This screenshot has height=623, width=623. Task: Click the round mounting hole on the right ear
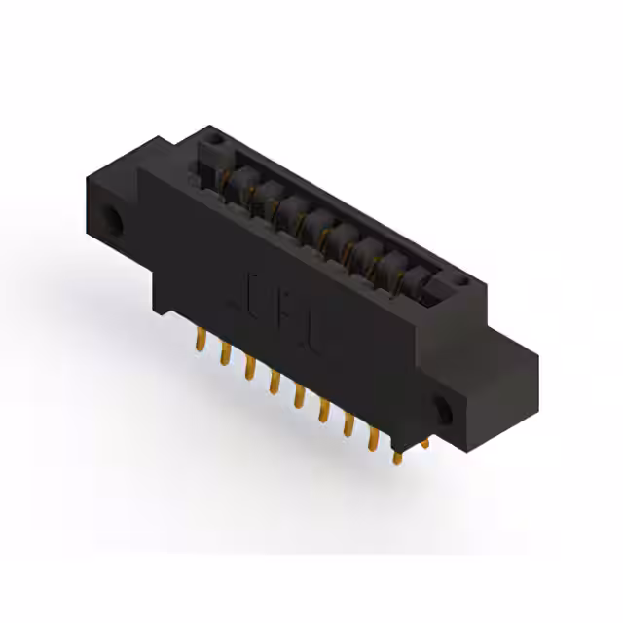(444, 410)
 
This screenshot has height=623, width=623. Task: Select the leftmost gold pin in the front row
(201, 340)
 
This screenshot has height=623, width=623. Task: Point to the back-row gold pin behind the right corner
(423, 444)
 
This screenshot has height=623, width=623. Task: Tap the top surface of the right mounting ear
(506, 346)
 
